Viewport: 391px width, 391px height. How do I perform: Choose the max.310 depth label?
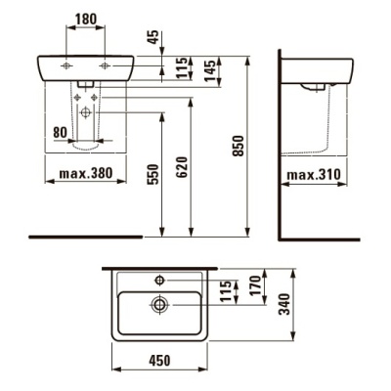(314, 177)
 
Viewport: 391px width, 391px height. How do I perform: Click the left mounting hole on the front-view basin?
(65, 65)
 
